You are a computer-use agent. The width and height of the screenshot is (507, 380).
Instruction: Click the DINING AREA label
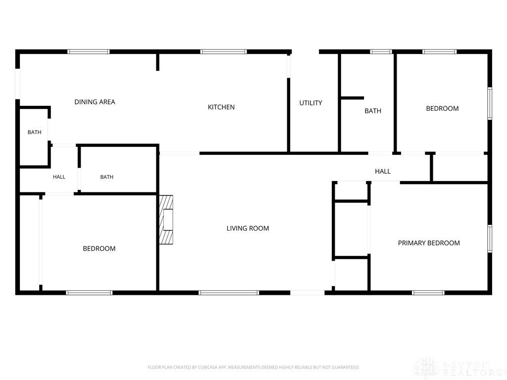(95, 102)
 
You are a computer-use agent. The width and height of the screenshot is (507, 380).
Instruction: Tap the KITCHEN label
(221, 107)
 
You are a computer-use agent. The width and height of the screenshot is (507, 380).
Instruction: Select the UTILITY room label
(310, 103)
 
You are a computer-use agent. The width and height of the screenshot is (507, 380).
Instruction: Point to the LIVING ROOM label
(248, 229)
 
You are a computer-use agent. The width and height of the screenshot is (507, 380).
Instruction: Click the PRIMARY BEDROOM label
(429, 243)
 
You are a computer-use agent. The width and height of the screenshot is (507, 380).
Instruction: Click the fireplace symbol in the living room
(166, 220)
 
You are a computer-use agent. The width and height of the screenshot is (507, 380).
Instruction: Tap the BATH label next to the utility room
(373, 111)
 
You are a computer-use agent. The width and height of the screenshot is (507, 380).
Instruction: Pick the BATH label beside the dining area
(34, 132)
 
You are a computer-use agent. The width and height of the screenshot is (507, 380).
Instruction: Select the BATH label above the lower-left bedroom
(107, 177)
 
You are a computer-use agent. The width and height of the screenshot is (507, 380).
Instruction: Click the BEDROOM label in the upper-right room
(442, 108)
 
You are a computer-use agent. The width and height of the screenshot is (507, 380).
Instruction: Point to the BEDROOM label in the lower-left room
(99, 249)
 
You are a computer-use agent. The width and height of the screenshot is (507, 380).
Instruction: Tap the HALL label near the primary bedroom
(383, 172)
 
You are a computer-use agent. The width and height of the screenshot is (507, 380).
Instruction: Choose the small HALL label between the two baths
(59, 177)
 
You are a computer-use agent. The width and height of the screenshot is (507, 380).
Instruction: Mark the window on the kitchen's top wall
(223, 51)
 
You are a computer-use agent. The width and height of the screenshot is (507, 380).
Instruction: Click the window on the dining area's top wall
(89, 51)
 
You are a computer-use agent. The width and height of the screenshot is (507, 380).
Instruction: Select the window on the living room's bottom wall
(229, 293)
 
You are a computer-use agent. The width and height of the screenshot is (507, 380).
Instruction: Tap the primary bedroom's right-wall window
(490, 238)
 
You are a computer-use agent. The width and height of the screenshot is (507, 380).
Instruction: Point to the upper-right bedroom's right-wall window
(490, 103)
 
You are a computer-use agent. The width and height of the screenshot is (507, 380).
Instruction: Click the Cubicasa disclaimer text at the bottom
(253, 368)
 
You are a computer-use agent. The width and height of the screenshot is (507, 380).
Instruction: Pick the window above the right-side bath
(381, 51)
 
